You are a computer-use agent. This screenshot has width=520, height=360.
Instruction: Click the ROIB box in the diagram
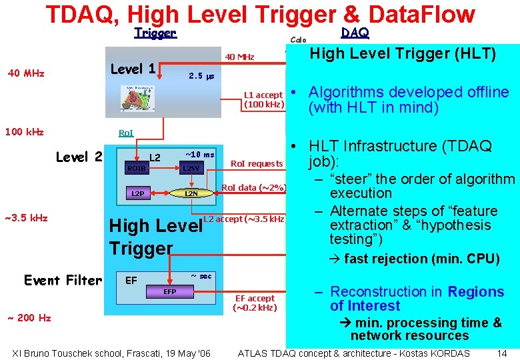click(x=136, y=169)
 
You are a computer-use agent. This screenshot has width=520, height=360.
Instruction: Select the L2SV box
click(x=192, y=169)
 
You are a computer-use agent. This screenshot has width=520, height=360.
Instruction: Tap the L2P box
click(x=137, y=193)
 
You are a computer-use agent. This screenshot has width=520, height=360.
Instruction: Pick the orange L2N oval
click(x=191, y=193)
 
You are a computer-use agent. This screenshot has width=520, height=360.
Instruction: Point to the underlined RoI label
click(x=125, y=133)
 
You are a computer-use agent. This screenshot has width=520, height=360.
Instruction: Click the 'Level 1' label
click(x=133, y=69)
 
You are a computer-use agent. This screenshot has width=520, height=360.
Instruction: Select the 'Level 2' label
click(x=79, y=157)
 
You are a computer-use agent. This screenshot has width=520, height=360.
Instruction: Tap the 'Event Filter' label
click(x=63, y=280)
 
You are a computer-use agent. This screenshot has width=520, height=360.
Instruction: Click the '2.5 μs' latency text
click(x=201, y=76)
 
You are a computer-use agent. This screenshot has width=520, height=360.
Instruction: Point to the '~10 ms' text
click(x=199, y=155)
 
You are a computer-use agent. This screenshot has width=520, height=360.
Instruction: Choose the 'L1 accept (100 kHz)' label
click(x=264, y=99)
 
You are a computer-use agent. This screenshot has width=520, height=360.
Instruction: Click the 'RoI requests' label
click(x=257, y=163)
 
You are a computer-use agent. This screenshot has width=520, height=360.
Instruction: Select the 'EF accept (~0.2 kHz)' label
click(x=255, y=303)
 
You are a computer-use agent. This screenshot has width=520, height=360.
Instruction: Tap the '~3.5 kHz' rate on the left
click(x=27, y=217)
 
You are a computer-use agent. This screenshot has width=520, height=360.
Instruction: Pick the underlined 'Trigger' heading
click(x=155, y=33)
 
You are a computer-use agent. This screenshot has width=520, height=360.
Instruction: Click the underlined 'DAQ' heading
click(x=355, y=33)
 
